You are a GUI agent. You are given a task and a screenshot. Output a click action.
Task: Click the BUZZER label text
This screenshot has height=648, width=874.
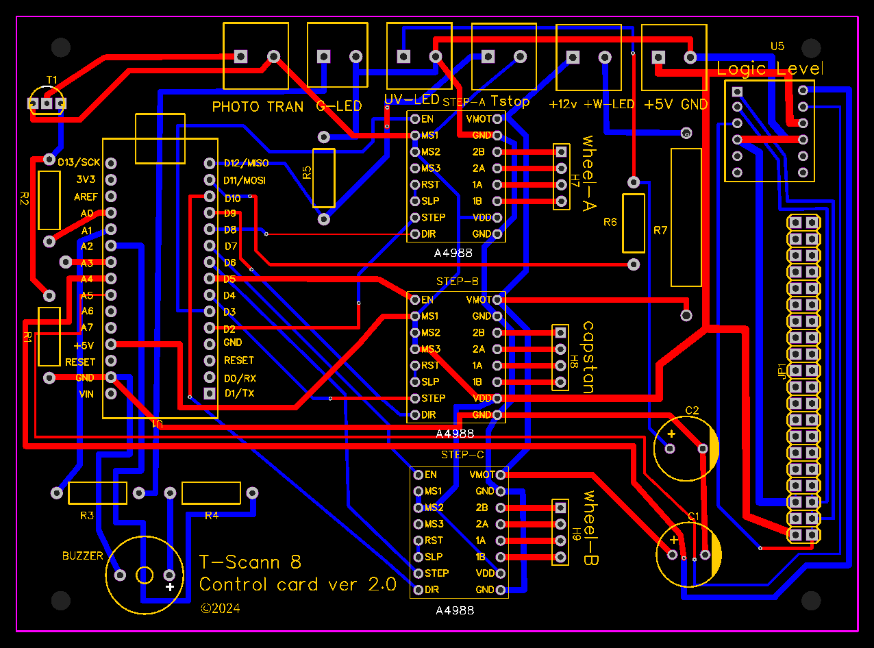point(82,556)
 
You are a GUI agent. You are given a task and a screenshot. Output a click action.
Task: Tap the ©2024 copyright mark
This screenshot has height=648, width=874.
point(221,608)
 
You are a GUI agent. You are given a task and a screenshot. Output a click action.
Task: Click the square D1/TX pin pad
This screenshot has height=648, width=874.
point(210,393)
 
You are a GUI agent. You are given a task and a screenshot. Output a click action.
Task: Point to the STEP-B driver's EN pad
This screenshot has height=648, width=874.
point(415,300)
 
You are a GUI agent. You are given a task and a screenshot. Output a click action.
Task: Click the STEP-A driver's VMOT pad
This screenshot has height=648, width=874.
point(497,119)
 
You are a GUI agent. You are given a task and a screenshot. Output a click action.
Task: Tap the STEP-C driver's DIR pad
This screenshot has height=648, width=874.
point(418,590)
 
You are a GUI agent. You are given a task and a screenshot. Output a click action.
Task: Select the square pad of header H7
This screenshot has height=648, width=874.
point(561,152)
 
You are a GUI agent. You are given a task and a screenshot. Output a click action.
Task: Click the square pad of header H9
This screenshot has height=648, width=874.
point(560,508)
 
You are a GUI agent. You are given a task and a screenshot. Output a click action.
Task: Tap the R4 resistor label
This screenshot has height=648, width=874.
point(212,516)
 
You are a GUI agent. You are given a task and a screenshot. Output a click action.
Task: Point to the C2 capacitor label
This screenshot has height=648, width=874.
point(692,410)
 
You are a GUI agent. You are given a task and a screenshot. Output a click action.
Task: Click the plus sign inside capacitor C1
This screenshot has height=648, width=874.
point(674,540)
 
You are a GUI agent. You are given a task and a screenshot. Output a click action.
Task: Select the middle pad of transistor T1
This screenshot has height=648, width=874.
point(47,103)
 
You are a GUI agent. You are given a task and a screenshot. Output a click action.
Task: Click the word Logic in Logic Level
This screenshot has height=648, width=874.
point(741,69)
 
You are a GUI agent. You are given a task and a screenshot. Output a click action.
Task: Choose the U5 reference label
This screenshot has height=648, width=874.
point(777,46)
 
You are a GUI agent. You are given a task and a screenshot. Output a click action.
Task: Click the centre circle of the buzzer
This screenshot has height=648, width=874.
point(145,575)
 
